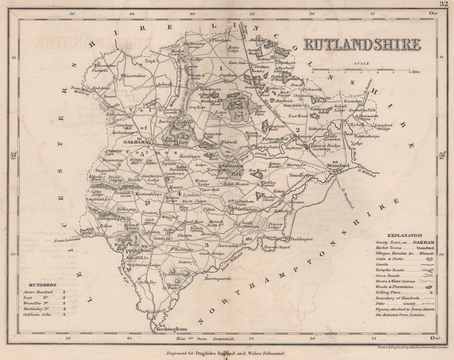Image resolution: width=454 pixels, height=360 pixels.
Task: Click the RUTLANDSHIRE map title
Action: coord(362,45)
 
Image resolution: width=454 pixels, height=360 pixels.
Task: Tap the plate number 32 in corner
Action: coord(443,4)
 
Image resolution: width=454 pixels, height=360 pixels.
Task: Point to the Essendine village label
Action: coord(353,101)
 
